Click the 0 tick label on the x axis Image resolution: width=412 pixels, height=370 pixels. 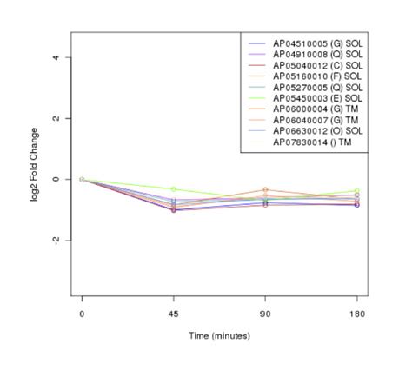82,314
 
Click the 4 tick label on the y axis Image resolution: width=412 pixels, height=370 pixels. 56,57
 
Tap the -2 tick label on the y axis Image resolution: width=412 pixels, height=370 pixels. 56,240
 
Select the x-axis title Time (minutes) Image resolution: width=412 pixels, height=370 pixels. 219,335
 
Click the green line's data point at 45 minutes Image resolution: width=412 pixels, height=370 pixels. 174,188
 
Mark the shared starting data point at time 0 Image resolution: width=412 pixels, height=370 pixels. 82,179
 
